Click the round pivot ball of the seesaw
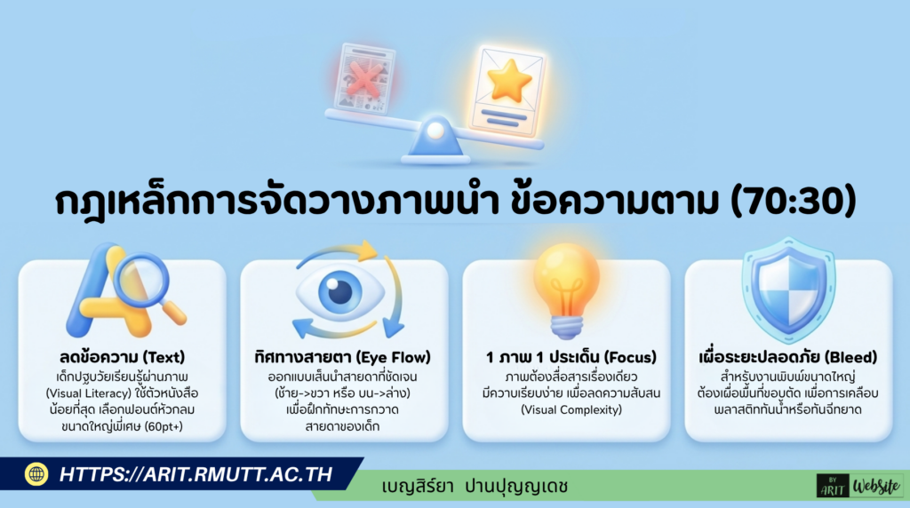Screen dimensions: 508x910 pyautogui.click(x=435, y=130)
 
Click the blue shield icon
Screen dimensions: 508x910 pyautogui.click(x=788, y=290)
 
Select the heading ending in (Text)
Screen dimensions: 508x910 pyautogui.click(x=122, y=358)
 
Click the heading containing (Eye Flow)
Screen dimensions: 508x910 pyautogui.click(x=343, y=358)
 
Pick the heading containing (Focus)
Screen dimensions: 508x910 pyautogui.click(x=566, y=358)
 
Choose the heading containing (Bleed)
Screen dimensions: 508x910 pyautogui.click(x=788, y=358)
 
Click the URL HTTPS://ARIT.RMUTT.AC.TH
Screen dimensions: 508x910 pyautogui.click(x=196, y=474)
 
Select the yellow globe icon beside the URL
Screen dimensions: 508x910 pyautogui.click(x=36, y=474)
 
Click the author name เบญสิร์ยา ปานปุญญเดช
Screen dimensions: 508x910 pyautogui.click(x=475, y=486)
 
